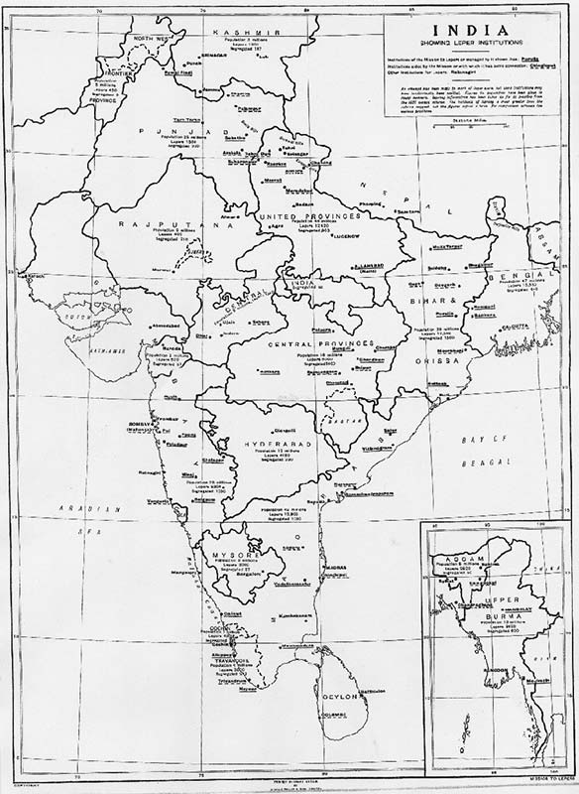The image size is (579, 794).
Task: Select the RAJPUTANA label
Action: pyautogui.click(x=147, y=225)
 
